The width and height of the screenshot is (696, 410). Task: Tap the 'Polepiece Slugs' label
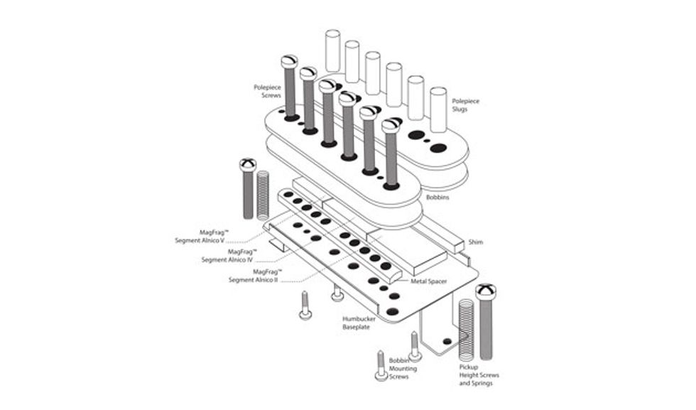466,105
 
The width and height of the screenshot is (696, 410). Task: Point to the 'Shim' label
476,242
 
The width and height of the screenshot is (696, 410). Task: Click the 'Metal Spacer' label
430,281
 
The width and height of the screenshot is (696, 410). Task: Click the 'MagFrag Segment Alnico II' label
254,276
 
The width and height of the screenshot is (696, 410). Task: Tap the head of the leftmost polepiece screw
289,62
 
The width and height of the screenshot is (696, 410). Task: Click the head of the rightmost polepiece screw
391,126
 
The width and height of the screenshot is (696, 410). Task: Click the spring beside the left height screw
263,195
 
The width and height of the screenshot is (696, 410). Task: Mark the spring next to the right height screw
466,327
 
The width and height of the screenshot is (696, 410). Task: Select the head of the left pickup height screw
248,165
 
